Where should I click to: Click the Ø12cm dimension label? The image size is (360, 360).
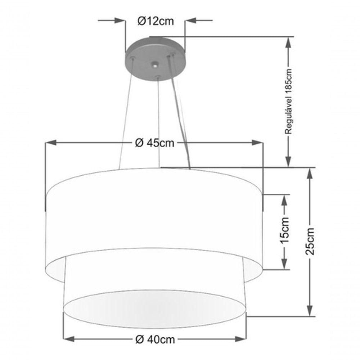pyautogui.click(x=156, y=21)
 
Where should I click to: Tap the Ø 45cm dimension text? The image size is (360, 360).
pyautogui.click(x=154, y=143)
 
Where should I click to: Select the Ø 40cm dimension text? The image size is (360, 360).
pyautogui.click(x=155, y=339)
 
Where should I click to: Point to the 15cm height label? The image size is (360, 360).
pyautogui.click(x=285, y=230)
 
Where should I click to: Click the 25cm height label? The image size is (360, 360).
pyautogui.click(x=310, y=241)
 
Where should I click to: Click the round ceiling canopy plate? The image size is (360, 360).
pyautogui.click(x=155, y=59)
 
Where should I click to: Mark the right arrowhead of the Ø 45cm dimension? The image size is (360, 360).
pyautogui.click(x=257, y=143)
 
